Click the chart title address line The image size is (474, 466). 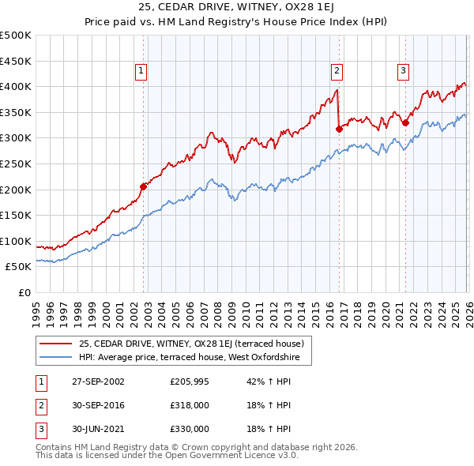click(236, 8)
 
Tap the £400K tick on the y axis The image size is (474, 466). click(16, 86)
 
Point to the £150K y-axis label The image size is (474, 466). click(16, 215)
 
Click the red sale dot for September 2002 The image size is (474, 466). click(144, 186)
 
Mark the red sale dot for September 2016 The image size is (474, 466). click(339, 129)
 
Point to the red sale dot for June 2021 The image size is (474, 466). click(405, 122)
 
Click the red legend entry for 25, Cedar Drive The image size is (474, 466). click(196, 343)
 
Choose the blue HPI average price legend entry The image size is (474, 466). click(195, 358)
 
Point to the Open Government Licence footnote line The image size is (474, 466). click(167, 456)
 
